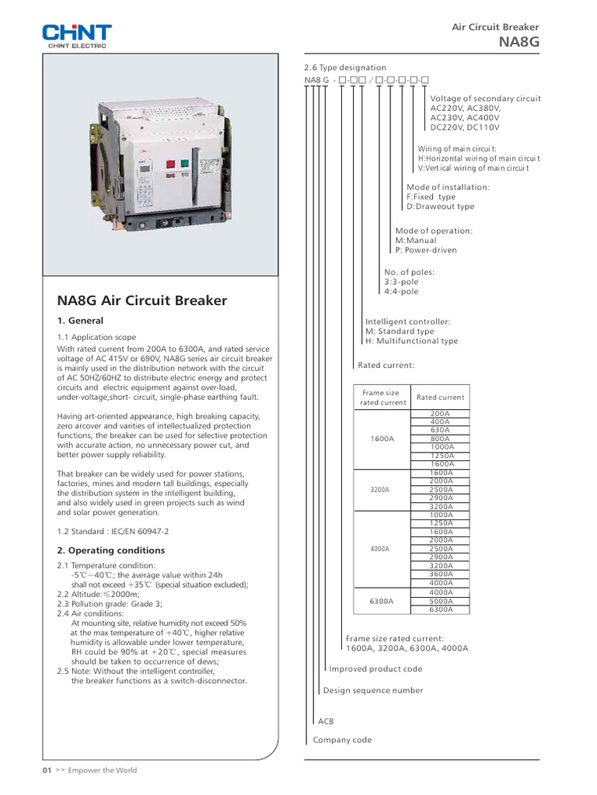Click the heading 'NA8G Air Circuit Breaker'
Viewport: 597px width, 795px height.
142,300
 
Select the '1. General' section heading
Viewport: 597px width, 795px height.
80,321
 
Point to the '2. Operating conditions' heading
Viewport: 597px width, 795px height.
111,550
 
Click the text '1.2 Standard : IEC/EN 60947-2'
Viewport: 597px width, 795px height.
113,532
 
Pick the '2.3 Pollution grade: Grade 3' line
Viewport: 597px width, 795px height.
110,603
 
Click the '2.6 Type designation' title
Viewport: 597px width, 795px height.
345,68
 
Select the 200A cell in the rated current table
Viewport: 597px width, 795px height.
440,414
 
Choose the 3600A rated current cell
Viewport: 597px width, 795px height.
440,575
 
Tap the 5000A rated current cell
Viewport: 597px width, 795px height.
440,601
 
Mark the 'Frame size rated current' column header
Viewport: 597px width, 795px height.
382,397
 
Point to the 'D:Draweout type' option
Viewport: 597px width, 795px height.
439,207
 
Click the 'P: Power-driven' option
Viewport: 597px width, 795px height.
426,250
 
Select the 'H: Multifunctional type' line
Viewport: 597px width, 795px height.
411,341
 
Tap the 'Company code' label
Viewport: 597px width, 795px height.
342,740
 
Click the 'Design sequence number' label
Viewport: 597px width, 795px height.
373,690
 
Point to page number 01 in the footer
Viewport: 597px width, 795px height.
46,770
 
